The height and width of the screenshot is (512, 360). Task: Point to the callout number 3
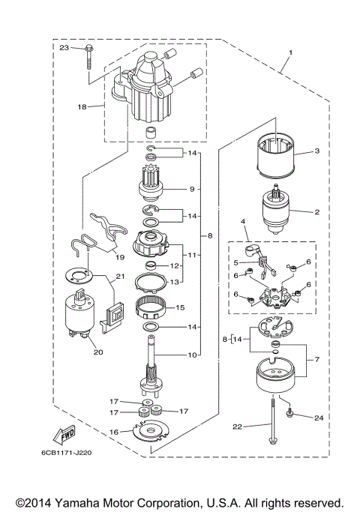click(316, 151)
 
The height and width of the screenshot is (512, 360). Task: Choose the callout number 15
click(179, 307)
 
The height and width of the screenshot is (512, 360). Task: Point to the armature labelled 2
click(277, 213)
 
